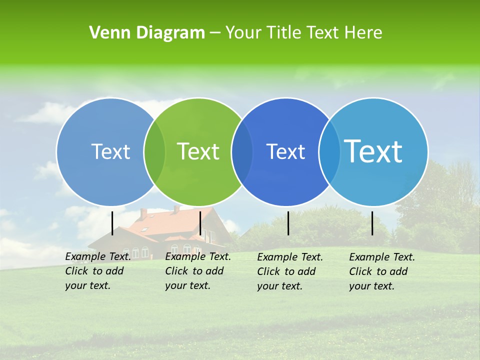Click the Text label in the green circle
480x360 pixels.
[198, 151]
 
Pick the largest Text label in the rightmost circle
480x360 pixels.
[373, 151]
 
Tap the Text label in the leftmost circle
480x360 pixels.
[110, 151]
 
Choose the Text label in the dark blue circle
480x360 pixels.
[285, 151]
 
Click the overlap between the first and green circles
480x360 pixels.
[154, 151]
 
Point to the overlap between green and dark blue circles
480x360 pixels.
[242, 151]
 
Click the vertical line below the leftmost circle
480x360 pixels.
[112, 223]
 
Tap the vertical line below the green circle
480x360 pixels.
[200, 223]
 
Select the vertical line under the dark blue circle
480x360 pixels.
[288, 223]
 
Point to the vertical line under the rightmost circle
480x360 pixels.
[372, 223]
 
